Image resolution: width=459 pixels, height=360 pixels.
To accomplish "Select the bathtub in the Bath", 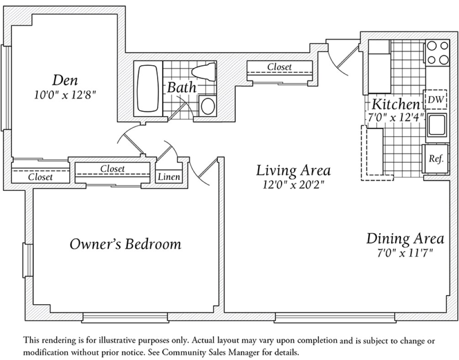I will pos(147,88).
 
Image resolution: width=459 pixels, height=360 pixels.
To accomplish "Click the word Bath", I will pos(181,87).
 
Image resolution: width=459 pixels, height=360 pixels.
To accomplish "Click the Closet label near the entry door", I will pos(279,67).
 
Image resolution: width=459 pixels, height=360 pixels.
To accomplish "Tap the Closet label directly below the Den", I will pos(40,177).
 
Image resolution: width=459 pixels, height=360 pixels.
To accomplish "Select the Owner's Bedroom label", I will pos(125,244).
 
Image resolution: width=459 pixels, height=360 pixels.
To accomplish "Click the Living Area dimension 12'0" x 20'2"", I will pos(292,186).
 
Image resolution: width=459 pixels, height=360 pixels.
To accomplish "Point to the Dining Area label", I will pos(405,238).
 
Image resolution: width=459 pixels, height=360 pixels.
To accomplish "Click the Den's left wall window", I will pos(5,87).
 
